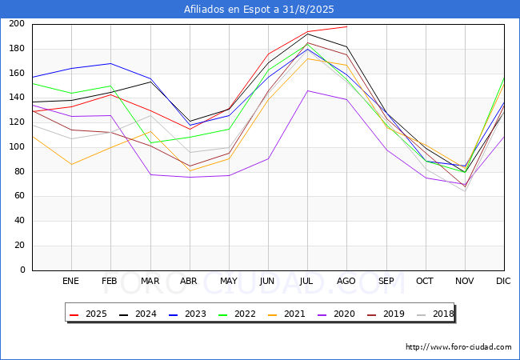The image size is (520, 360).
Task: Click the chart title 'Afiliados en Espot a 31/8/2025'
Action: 259,10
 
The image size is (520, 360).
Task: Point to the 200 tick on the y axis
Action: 17,24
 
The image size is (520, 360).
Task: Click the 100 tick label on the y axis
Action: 17,147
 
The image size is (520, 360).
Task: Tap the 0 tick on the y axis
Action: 22,270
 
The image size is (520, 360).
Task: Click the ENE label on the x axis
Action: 71,282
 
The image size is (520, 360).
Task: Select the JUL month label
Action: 307,282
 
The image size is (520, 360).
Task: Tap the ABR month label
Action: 189,282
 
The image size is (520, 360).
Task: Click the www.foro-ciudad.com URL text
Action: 458,347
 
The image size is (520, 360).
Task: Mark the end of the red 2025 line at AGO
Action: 346,26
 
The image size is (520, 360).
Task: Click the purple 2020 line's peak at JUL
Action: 307,90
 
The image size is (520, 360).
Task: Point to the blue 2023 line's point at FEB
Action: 110,63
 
